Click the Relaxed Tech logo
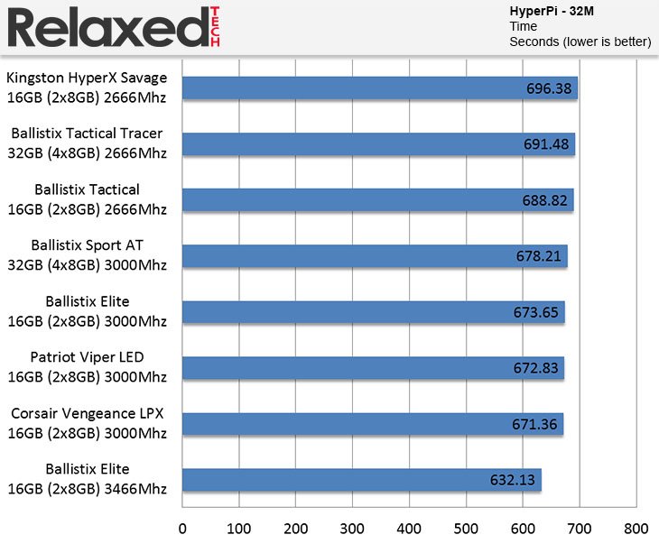pos(113,27)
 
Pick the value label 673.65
pos(538,313)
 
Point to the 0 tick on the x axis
pos(182,528)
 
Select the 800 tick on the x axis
pos(636,528)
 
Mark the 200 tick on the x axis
pos(295,528)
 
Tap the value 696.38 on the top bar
pos(551,88)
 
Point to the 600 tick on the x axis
pos(523,528)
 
